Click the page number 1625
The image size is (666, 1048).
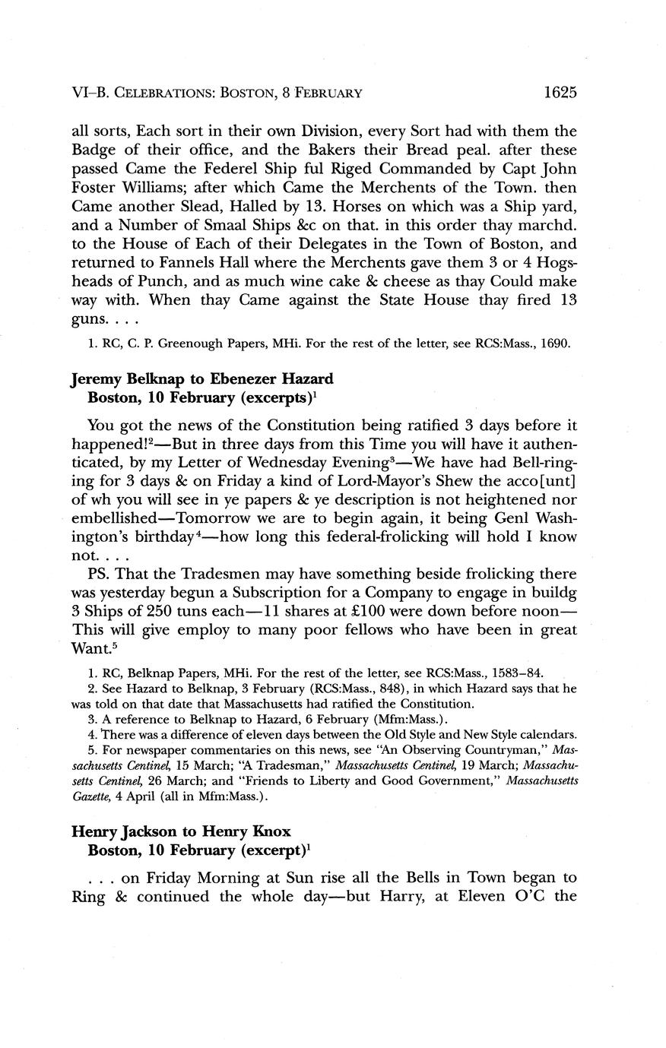coord(561,93)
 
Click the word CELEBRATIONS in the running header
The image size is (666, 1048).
coord(162,93)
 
